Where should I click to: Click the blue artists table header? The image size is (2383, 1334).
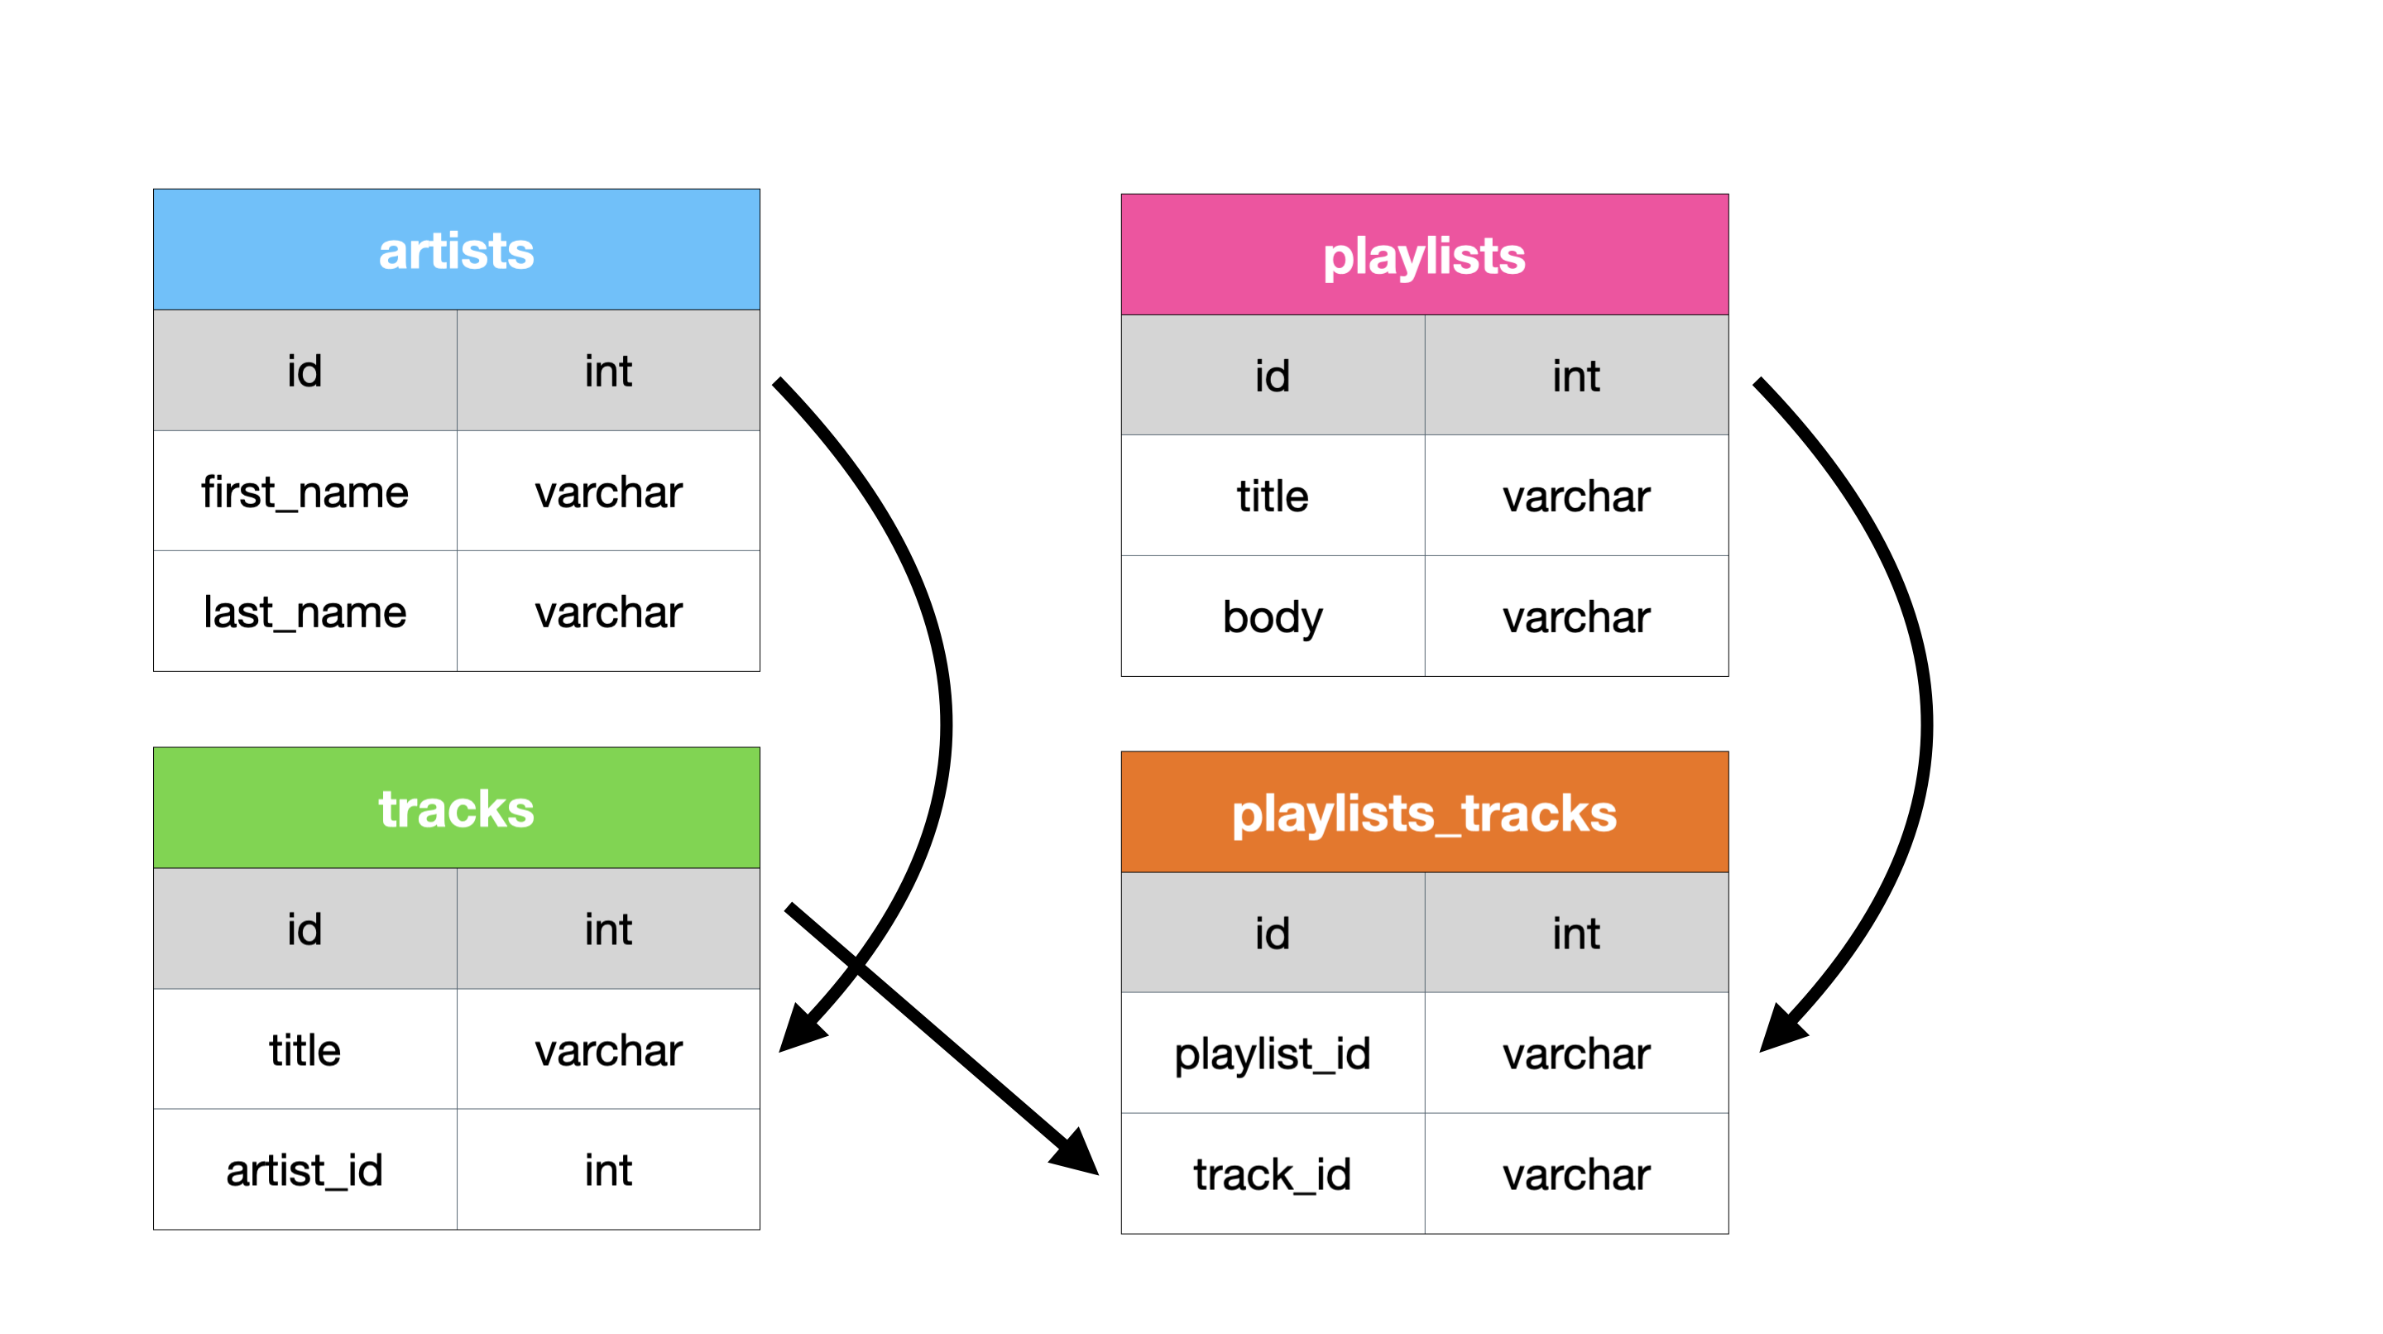[x=456, y=250]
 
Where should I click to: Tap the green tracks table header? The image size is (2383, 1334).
[x=456, y=808]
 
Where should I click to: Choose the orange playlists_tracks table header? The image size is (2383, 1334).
[x=1424, y=813]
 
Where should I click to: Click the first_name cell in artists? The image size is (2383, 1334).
[x=304, y=492]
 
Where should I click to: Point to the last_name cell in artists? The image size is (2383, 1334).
[x=304, y=612]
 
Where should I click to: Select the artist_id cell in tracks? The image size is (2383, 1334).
[x=304, y=1169]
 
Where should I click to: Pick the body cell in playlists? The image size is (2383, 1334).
[x=1272, y=617]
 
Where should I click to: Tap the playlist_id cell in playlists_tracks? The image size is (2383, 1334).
[x=1272, y=1053]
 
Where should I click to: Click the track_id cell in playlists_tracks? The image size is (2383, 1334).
[x=1272, y=1173]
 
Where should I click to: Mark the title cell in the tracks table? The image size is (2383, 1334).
[x=304, y=1049]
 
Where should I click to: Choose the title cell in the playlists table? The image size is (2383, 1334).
[x=1272, y=496]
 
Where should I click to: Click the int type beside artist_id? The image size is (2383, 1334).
[x=608, y=1169]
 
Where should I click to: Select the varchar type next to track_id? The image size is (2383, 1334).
[x=1575, y=1173]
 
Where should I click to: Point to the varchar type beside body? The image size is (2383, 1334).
[x=1575, y=617]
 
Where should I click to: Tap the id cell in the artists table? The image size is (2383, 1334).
[x=304, y=370]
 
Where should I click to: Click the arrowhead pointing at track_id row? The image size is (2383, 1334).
[x=1076, y=1154]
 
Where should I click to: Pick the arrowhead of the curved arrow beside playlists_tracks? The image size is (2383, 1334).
[x=1780, y=1029]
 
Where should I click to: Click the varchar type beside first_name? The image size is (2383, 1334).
[x=608, y=492]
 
